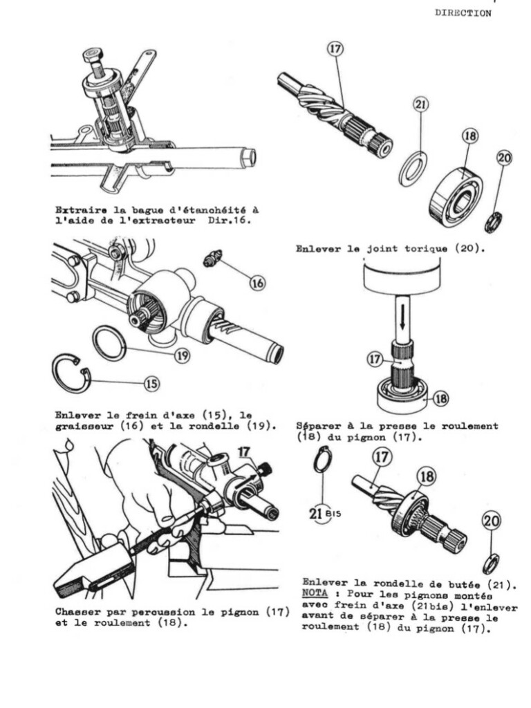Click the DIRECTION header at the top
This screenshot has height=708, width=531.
click(463, 12)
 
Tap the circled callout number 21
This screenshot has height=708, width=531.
click(420, 105)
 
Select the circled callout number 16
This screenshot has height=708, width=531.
click(257, 282)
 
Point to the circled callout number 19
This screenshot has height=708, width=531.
click(182, 355)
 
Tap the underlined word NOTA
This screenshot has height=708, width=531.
click(315, 593)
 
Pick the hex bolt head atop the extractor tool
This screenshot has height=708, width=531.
click(94, 55)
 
